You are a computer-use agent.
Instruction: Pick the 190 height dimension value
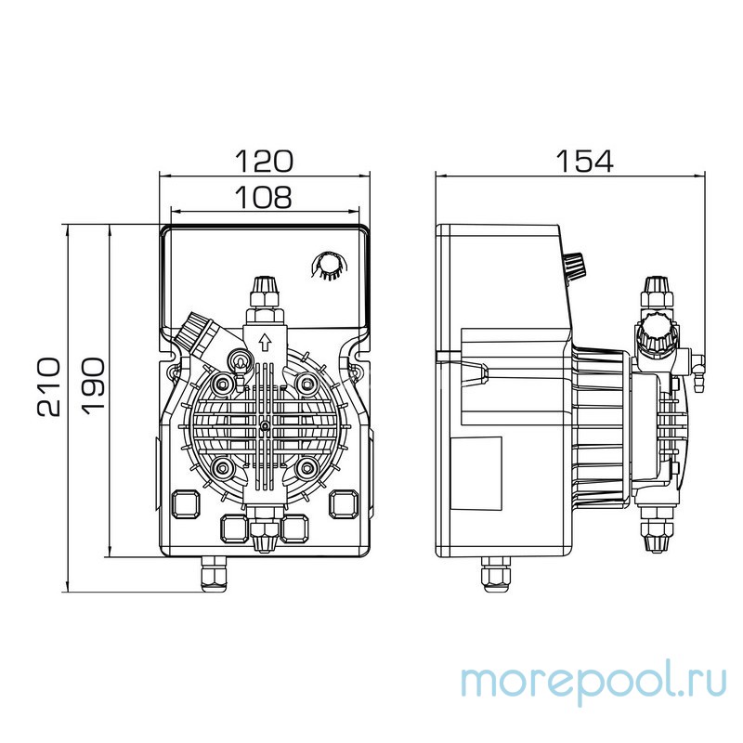point(94,385)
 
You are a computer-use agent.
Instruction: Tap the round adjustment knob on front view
point(327,266)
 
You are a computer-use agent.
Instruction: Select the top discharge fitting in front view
point(264,290)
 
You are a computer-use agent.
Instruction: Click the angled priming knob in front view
point(198,330)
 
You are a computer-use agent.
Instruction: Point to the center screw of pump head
point(265,424)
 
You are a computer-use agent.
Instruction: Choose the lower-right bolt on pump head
point(306,466)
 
